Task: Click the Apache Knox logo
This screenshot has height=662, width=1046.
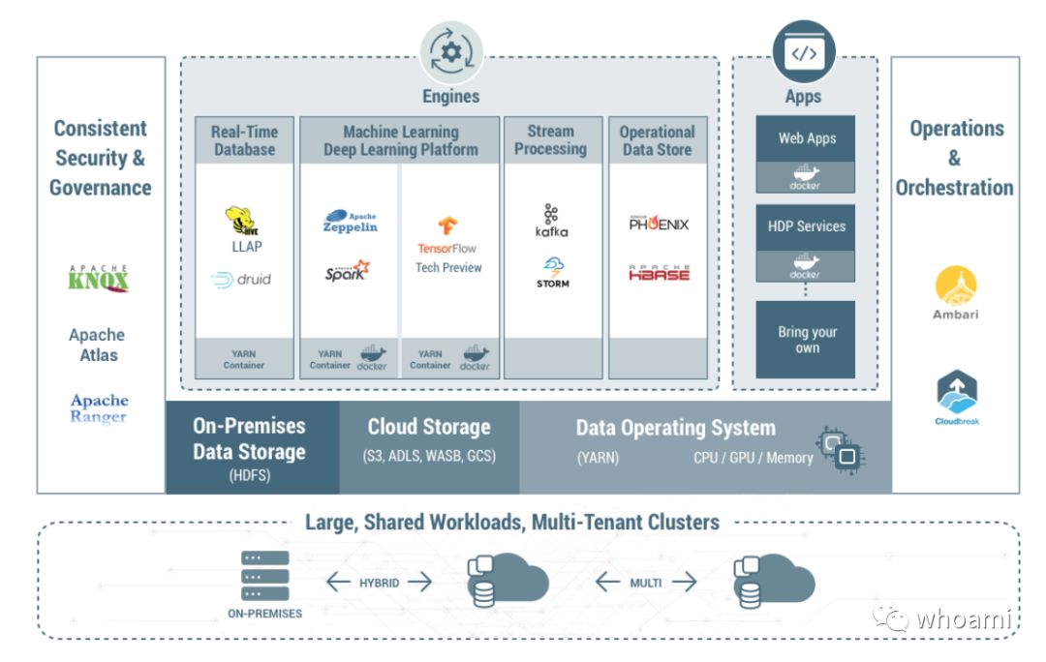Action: click(99, 278)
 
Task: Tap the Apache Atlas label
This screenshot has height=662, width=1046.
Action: click(98, 345)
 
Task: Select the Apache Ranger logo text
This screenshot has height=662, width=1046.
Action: click(100, 408)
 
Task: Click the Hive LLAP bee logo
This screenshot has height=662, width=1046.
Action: click(241, 221)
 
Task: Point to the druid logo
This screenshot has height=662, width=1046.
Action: click(241, 280)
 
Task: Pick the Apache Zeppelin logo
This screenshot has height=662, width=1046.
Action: click(351, 222)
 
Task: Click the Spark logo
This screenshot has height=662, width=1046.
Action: click(347, 270)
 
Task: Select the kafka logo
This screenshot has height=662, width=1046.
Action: click(552, 221)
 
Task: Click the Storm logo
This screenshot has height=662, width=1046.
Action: click(553, 272)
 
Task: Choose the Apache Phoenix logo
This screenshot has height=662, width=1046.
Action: click(659, 223)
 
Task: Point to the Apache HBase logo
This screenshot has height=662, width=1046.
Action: click(660, 272)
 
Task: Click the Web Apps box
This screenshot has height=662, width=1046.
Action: click(805, 154)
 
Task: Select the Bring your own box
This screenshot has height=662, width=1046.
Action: click(805, 340)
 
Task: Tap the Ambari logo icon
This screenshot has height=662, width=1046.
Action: click(956, 286)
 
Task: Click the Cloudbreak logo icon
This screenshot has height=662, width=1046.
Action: click(957, 392)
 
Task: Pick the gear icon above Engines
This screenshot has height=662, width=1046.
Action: click(451, 52)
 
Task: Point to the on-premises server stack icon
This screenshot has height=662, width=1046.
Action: click(264, 575)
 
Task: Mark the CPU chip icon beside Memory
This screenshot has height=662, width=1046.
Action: click(841, 450)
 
